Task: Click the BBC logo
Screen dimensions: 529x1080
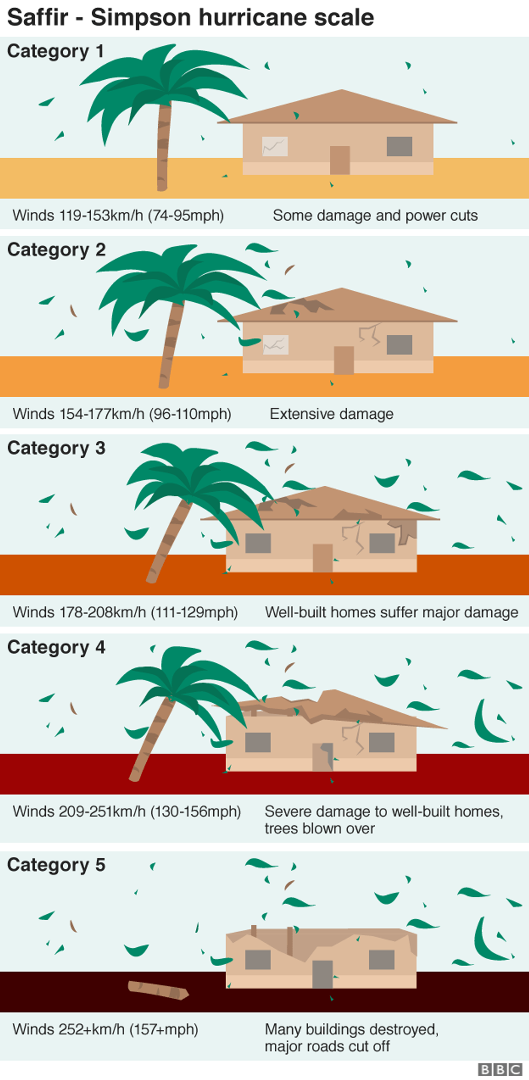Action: (500, 1069)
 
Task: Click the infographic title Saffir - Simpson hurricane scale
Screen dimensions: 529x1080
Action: (191, 17)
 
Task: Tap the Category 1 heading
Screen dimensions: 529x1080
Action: (55, 51)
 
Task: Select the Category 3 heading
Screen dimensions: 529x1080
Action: (56, 448)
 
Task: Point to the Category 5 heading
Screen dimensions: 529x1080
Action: (56, 865)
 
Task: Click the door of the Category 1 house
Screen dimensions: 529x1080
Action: (340, 160)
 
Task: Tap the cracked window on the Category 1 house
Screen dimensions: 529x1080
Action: (275, 146)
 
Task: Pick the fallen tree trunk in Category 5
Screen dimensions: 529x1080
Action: (158, 990)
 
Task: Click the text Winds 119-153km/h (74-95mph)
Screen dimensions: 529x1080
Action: (118, 215)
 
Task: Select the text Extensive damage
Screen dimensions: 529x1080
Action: (331, 414)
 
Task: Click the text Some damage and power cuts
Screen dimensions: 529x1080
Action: (375, 215)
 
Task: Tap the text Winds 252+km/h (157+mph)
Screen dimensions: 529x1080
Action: (105, 1029)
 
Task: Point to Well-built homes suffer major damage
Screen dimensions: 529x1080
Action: (391, 612)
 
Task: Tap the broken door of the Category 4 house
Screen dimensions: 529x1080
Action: (323, 757)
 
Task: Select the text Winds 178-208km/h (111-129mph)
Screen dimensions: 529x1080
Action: (125, 612)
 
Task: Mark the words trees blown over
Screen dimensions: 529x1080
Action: (320, 828)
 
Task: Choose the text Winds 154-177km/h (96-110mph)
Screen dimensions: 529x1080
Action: (122, 414)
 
